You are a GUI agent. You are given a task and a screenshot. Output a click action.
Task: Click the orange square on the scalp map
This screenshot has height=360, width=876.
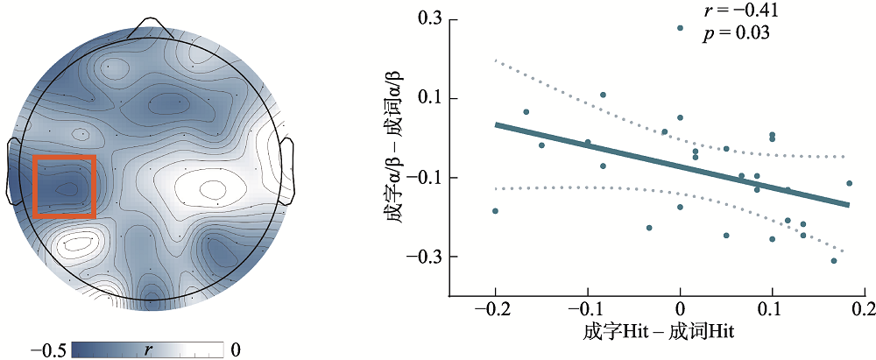click(x=64, y=186)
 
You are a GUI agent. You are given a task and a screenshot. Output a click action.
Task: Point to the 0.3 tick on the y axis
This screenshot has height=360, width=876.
click(x=429, y=18)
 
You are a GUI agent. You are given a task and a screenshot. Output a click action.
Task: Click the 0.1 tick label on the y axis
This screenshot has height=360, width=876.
click(x=429, y=98)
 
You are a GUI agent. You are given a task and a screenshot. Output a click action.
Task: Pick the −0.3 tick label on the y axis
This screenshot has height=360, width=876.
click(x=424, y=257)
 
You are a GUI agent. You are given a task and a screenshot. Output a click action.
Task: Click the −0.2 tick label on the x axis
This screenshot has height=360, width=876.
click(x=494, y=311)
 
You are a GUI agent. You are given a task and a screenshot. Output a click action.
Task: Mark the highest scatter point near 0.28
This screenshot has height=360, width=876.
click(x=680, y=28)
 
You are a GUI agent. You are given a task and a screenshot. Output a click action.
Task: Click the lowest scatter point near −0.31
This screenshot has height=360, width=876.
click(x=834, y=260)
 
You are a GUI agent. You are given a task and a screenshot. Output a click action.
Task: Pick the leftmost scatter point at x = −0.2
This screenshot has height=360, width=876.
click(x=495, y=211)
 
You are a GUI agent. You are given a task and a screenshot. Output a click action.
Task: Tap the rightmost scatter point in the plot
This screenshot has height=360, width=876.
click(x=849, y=183)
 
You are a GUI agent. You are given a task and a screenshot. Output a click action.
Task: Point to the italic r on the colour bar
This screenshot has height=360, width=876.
click(x=147, y=349)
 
